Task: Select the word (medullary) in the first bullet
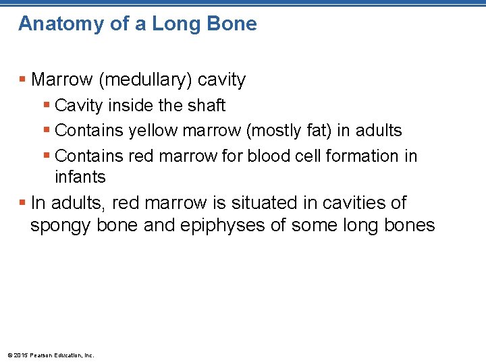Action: (x=148, y=80)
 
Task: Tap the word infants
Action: (x=80, y=177)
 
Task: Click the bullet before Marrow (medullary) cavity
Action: (x=22, y=80)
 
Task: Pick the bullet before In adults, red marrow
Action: (x=22, y=203)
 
